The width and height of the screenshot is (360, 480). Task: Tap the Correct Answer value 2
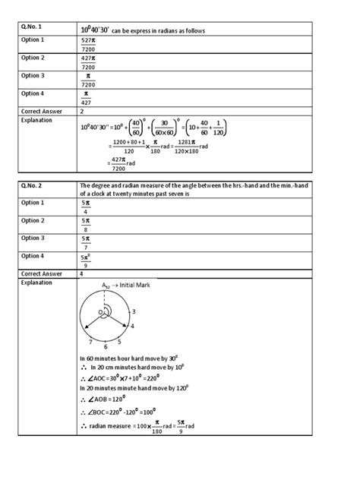(81, 111)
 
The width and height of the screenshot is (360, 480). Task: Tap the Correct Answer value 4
(81, 270)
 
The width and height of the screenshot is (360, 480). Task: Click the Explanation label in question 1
(36, 120)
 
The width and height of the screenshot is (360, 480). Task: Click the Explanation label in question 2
(36, 282)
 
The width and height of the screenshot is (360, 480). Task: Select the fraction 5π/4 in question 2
(86, 207)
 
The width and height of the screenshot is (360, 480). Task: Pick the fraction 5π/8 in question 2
(86, 225)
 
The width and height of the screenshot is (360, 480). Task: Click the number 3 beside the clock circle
(134, 311)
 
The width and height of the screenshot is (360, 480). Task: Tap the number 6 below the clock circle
(105, 346)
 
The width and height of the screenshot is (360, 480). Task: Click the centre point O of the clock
(98, 311)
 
